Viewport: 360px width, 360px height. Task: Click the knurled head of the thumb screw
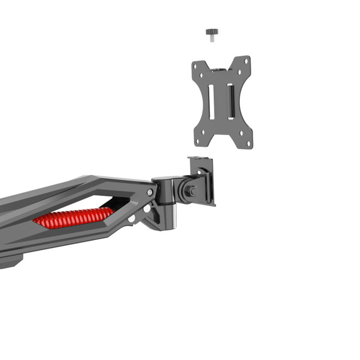(211, 31)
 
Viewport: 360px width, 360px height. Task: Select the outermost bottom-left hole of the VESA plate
(197, 141)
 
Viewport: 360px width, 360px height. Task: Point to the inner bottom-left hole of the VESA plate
(204, 132)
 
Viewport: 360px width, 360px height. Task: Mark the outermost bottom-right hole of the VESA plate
(249, 144)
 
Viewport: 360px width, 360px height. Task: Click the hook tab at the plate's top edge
(219, 69)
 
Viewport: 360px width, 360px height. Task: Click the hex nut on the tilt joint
(192, 191)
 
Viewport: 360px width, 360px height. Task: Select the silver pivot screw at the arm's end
(150, 192)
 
